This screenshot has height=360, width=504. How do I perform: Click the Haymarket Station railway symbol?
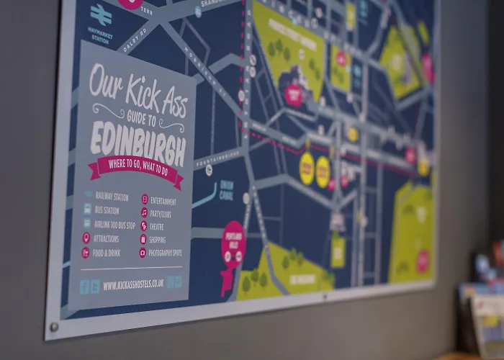(x=101, y=13)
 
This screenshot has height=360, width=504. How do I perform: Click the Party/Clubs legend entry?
(x=160, y=213)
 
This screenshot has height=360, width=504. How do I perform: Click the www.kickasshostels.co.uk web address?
(x=134, y=285)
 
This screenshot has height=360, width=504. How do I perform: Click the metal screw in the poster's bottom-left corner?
(x=54, y=328)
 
